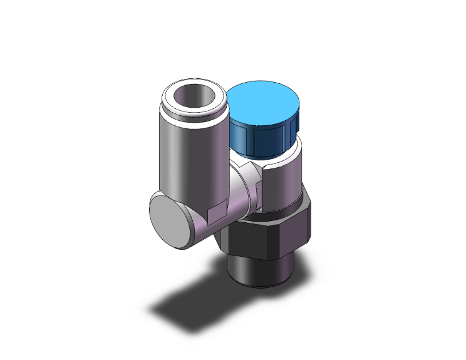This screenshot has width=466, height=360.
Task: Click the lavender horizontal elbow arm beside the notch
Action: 200,229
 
